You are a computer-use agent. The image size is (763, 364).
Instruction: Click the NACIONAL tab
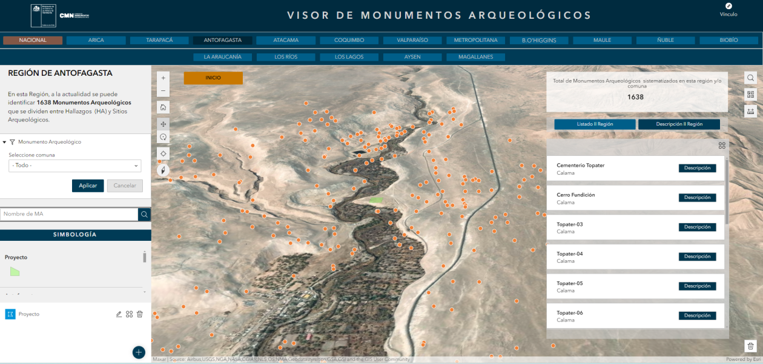(x=33, y=41)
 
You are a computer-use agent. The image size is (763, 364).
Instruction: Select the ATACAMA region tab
(x=286, y=41)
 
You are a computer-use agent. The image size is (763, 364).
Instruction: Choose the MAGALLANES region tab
(x=475, y=57)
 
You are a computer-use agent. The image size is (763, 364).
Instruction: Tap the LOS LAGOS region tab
(x=349, y=57)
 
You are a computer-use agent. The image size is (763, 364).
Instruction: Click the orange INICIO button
(x=213, y=78)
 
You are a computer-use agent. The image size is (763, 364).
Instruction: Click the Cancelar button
(x=125, y=186)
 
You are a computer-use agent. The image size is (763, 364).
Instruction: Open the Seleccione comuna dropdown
(x=75, y=166)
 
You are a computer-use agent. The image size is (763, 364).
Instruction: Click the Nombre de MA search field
(x=69, y=214)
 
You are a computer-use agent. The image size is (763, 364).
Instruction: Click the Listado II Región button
(x=595, y=124)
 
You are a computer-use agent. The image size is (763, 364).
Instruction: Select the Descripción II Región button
(x=679, y=124)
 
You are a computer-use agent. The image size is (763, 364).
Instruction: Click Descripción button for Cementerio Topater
(x=697, y=168)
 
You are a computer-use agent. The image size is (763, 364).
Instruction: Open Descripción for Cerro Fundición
(x=697, y=198)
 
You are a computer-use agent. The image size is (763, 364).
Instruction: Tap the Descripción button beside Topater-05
(x=697, y=286)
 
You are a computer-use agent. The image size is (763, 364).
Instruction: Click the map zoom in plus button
(x=163, y=78)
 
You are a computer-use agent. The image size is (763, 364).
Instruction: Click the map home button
(x=163, y=107)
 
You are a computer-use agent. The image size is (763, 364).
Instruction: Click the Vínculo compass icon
(x=728, y=6)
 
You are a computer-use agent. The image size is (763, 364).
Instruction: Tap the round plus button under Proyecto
(x=139, y=352)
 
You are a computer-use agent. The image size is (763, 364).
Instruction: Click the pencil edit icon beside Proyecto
(x=119, y=314)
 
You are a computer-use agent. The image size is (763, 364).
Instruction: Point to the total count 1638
(x=635, y=97)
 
